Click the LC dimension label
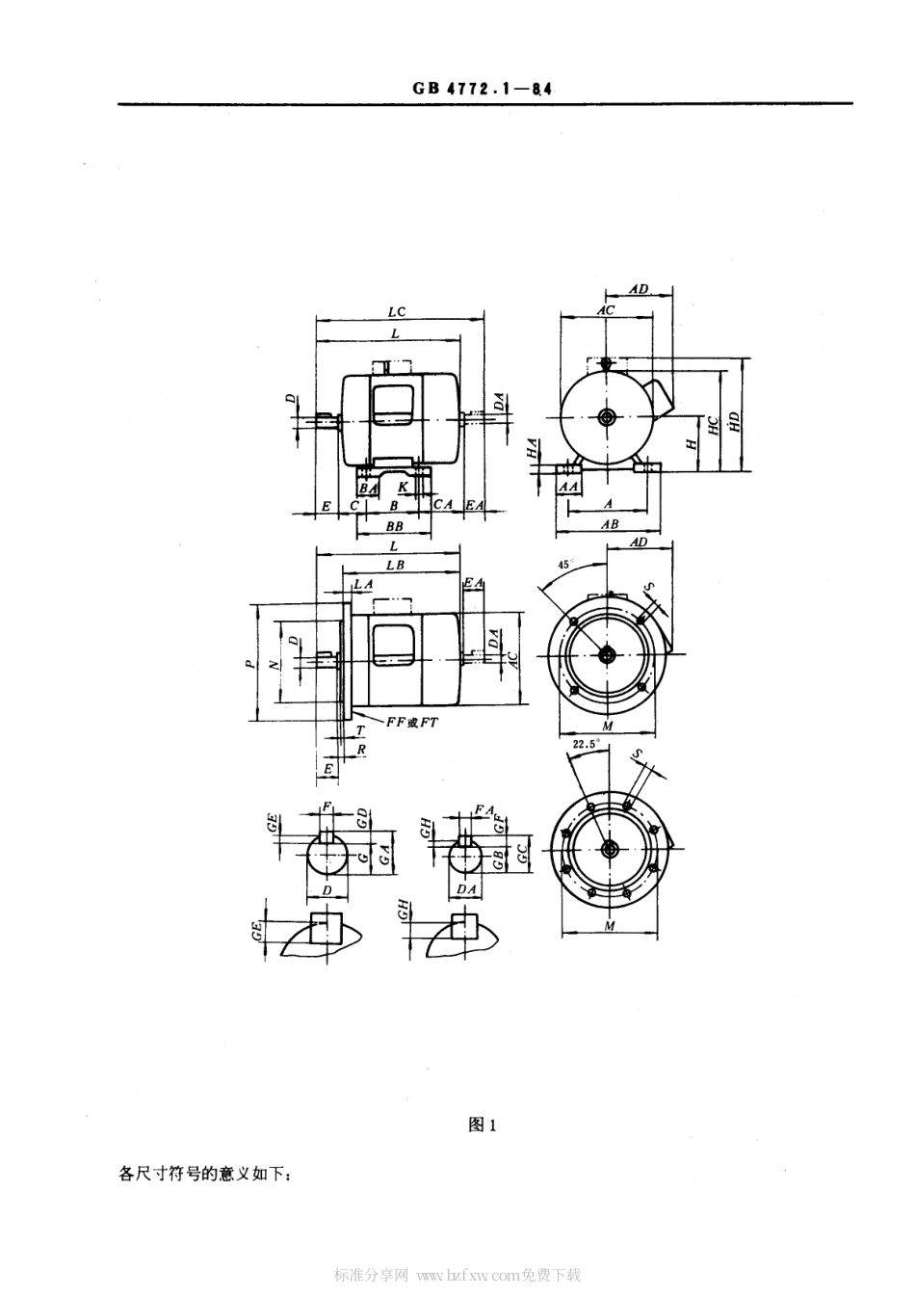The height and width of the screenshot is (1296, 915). [x=397, y=311]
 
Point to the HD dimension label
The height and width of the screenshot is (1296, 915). [x=735, y=420]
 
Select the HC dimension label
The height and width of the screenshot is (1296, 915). [x=713, y=427]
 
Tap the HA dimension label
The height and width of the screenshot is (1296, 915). [x=532, y=447]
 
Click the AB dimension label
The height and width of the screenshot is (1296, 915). [x=609, y=525]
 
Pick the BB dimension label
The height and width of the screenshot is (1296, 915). [x=394, y=527]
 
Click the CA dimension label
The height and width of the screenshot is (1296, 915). [x=442, y=505]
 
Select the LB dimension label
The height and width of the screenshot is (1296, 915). [x=395, y=566]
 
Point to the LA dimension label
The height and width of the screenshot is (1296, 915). [x=362, y=585]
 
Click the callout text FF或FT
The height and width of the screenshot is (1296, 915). [x=411, y=722]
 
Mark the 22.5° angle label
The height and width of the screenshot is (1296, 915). [x=586, y=745]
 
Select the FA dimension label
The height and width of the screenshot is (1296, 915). [x=484, y=810]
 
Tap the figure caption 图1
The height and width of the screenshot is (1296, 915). [x=482, y=1124]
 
